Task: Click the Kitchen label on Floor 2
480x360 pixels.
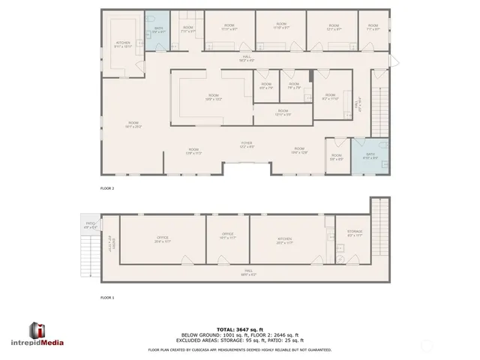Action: click(x=123, y=44)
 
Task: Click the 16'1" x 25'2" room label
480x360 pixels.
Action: click(x=133, y=124)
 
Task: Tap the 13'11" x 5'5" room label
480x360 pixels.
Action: click(x=282, y=114)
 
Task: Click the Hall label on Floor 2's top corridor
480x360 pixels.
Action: click(x=247, y=59)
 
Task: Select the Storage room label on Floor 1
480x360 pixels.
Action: click(x=355, y=234)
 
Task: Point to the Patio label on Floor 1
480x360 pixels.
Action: click(x=91, y=224)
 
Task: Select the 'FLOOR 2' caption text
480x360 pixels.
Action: click(x=107, y=188)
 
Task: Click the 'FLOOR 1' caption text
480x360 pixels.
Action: click(x=107, y=298)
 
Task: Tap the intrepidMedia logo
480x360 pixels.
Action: click(x=46, y=335)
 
